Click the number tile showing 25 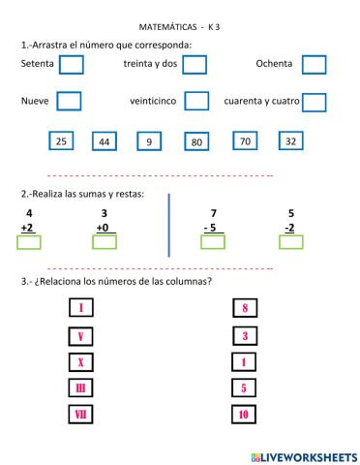[x=61, y=141]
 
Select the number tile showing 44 [x=105, y=142]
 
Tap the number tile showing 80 [x=196, y=142]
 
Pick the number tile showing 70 [x=245, y=141]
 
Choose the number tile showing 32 [x=289, y=141]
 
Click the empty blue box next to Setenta [x=71, y=64]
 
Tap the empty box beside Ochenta [x=314, y=64]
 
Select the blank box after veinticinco [x=196, y=100]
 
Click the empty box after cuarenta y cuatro [x=314, y=101]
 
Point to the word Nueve [x=35, y=101]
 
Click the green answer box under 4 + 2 [x=29, y=242]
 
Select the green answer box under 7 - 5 [x=212, y=242]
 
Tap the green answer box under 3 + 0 [x=104, y=242]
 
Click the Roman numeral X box [x=81, y=363]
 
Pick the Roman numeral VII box [x=81, y=415]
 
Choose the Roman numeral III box [x=81, y=388]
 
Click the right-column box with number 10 [x=245, y=415]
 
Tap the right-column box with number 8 [x=245, y=310]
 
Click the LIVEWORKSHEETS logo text [x=303, y=455]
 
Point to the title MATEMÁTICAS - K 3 [x=180, y=27]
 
